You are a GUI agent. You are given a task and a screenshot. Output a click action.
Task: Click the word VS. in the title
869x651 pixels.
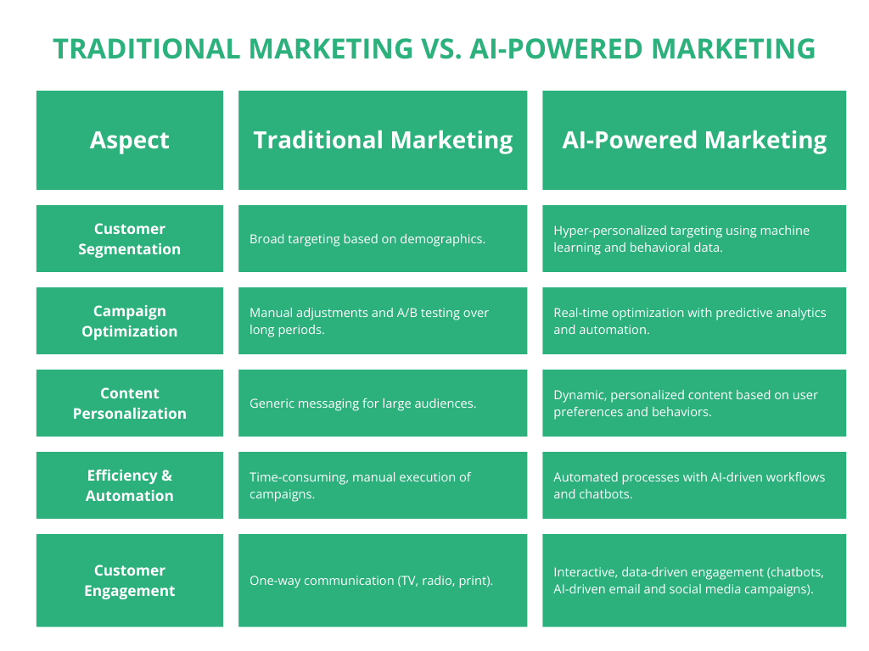click(441, 48)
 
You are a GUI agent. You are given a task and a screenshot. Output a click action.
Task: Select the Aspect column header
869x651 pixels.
click(130, 140)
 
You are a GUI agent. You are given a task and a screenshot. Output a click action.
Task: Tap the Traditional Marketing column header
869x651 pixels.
click(383, 140)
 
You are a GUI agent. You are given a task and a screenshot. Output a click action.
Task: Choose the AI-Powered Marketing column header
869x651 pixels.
click(694, 140)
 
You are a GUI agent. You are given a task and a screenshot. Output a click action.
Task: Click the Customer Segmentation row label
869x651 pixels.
click(130, 238)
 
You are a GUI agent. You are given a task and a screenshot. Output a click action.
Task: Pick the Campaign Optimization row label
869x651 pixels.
click(130, 320)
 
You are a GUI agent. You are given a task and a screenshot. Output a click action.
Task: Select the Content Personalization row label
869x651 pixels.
click(130, 403)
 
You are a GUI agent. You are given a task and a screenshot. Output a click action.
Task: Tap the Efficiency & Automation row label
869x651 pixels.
click(130, 485)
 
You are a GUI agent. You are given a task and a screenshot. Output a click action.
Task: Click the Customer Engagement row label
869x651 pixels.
click(130, 580)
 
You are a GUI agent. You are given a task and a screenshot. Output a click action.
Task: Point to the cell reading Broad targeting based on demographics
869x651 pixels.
click(383, 238)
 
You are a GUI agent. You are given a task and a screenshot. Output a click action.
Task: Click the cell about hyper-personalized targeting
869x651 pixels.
click(694, 238)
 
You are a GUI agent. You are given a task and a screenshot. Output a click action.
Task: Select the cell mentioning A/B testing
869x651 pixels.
click(383, 320)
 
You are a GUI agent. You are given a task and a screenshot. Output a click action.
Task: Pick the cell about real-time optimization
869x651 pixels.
click(694, 320)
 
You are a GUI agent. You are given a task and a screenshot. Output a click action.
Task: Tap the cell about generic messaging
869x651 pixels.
click(383, 403)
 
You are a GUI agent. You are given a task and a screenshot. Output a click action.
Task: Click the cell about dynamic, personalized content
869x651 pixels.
click(694, 403)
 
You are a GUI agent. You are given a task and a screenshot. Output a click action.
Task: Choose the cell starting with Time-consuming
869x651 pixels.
click(383, 485)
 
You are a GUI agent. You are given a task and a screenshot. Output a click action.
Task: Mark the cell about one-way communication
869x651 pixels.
click(383, 580)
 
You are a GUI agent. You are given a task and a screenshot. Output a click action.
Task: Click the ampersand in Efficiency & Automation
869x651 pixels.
click(167, 476)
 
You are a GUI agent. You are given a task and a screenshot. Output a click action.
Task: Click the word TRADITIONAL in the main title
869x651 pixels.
click(147, 48)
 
